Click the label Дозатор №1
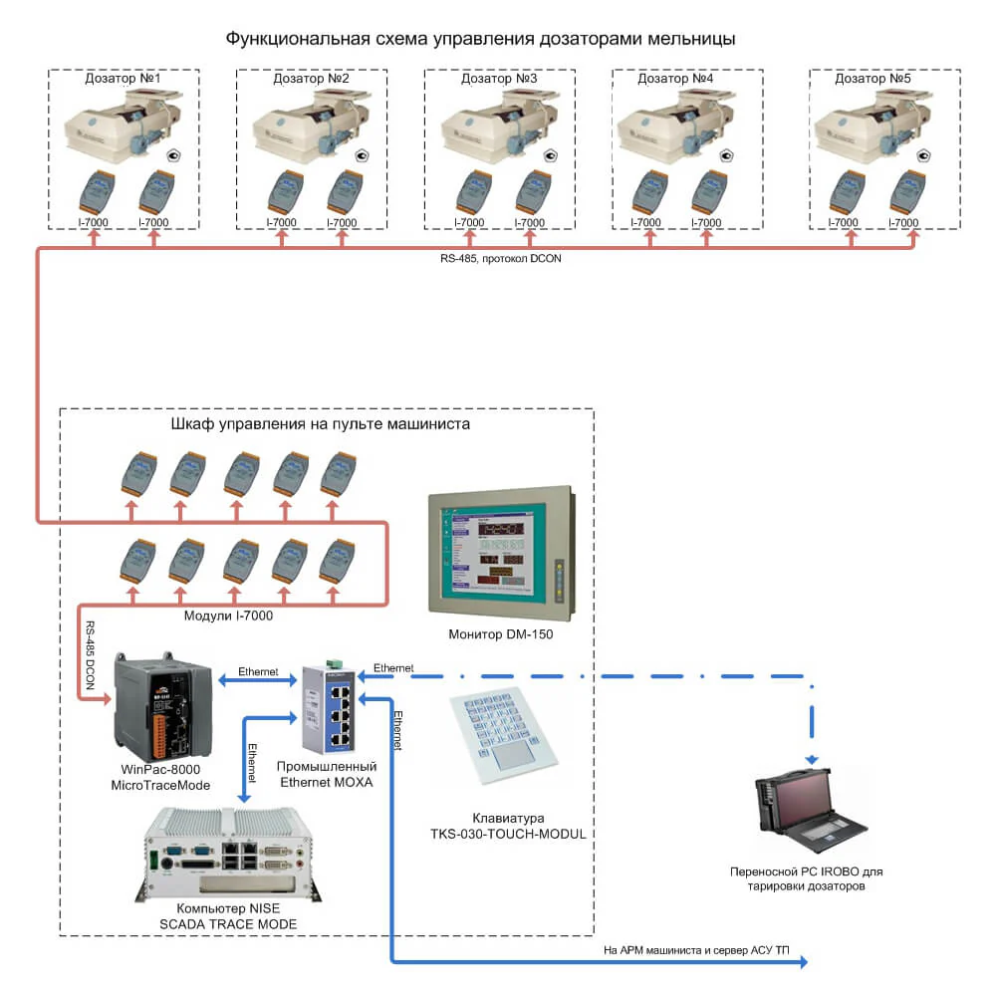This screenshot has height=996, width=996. click(x=123, y=78)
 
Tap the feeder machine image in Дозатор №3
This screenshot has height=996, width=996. click(x=499, y=124)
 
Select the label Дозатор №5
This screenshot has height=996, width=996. click(x=872, y=78)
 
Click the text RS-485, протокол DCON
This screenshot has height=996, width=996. click(x=501, y=259)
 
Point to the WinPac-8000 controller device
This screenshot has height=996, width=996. click(x=163, y=706)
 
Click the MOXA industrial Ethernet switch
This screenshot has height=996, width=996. click(x=329, y=706)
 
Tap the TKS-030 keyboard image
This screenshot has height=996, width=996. click(x=503, y=736)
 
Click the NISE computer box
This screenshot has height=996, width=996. click(x=228, y=855)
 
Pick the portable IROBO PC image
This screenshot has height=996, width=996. click(x=810, y=809)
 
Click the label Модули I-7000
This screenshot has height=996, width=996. click(x=228, y=616)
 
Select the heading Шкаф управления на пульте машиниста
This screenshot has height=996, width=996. click(x=320, y=423)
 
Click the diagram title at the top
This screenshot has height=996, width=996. click(x=480, y=39)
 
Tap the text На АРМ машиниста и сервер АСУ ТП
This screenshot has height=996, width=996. click(x=696, y=950)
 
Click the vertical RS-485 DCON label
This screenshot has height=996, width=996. click(x=91, y=655)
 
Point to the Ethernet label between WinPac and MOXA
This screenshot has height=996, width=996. click(x=258, y=671)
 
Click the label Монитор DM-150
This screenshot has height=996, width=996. click(x=501, y=633)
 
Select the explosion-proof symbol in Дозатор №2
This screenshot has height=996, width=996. click(x=363, y=155)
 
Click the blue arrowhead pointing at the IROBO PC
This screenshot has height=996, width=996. click(x=812, y=759)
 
